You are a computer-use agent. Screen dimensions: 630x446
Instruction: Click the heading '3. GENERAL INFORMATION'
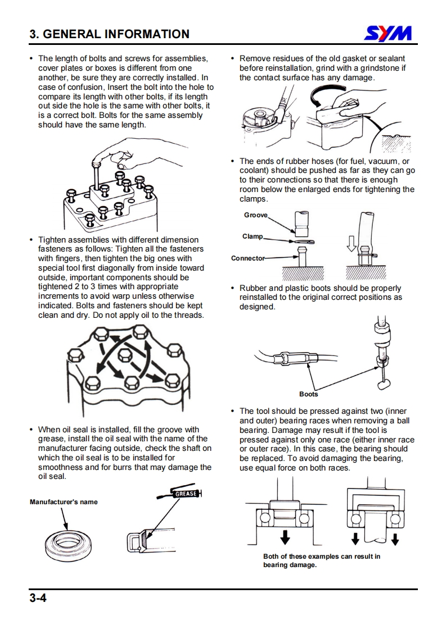coord(110,34)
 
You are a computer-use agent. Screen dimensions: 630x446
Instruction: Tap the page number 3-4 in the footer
coord(38,599)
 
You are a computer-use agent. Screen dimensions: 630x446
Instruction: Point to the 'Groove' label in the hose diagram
coord(256,215)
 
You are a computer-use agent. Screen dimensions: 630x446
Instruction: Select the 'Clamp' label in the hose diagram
coord(253,236)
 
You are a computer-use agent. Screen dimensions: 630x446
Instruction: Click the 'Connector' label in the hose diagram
coord(247,258)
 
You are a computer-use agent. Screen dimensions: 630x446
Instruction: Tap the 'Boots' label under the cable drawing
coord(308,394)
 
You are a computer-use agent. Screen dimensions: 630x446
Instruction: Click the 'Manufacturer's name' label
coord(64,502)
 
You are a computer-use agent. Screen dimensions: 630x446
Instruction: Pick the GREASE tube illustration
coord(181,494)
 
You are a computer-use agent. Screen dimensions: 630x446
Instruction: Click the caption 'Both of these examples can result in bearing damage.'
coord(321,560)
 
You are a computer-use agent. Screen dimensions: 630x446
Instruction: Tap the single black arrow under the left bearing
coord(285,537)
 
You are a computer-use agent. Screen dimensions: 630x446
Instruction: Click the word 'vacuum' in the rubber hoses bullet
coord(375,161)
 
